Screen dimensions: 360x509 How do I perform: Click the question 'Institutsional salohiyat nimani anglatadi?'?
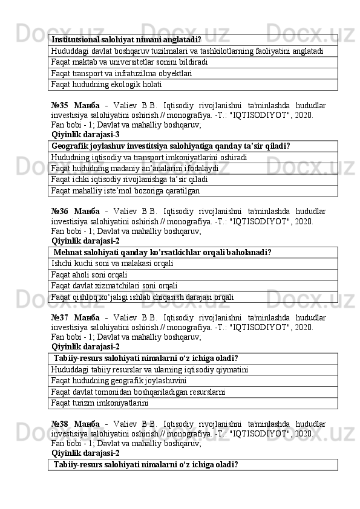coord(126,39)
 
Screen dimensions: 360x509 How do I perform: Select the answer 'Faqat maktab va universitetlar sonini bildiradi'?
coord(130,62)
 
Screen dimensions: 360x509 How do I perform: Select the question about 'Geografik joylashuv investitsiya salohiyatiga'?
coord(171,146)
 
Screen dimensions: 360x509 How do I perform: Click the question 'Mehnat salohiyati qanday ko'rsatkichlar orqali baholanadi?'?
coord(162,251)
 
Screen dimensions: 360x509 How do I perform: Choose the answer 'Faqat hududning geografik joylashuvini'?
coord(119,380)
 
